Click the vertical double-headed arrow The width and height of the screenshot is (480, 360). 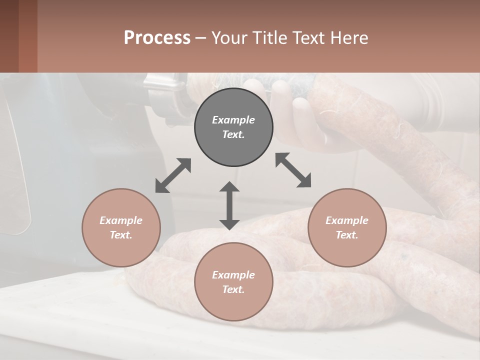(x=229, y=205)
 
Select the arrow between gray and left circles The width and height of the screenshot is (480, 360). (x=173, y=175)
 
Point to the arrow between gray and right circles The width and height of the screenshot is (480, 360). (x=293, y=170)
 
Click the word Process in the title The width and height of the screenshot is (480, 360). (x=157, y=37)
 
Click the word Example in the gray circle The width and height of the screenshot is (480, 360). (x=233, y=120)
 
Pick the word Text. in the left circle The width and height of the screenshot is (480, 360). (x=121, y=235)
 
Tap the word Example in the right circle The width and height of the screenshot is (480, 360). (x=347, y=220)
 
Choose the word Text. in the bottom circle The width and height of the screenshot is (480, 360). (x=233, y=289)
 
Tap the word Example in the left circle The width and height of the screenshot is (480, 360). (x=121, y=220)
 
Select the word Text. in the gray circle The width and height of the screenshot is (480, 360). (x=233, y=134)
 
